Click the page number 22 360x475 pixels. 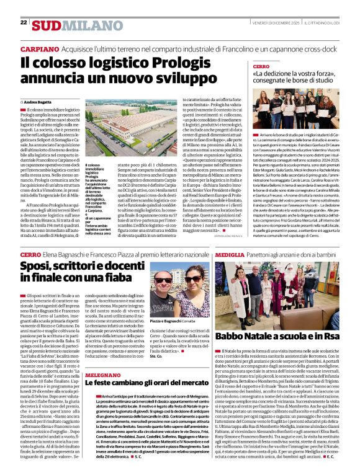point(24,22)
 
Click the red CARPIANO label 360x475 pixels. point(40,48)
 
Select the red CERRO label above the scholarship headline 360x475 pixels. point(261,66)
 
